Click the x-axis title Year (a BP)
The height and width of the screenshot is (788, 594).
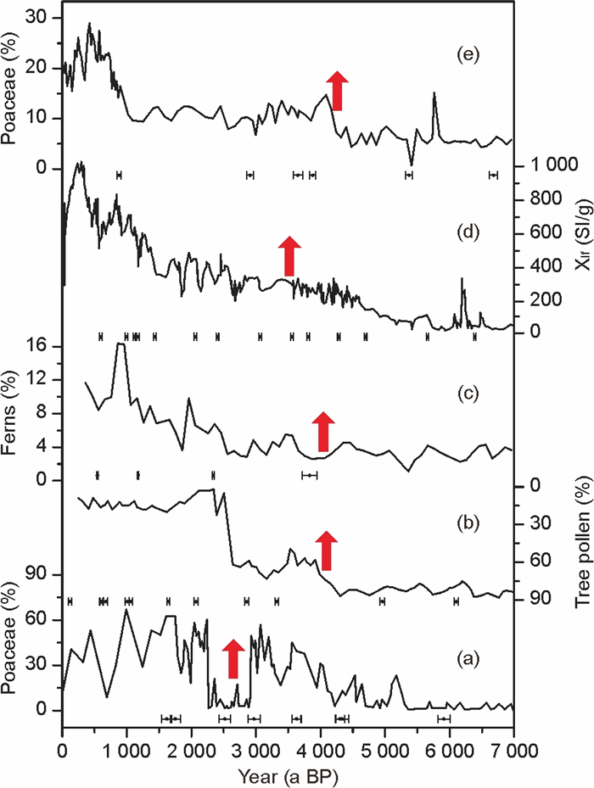[287, 774]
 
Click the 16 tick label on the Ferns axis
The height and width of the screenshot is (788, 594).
[45, 347]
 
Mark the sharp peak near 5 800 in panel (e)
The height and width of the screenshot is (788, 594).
[434, 93]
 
